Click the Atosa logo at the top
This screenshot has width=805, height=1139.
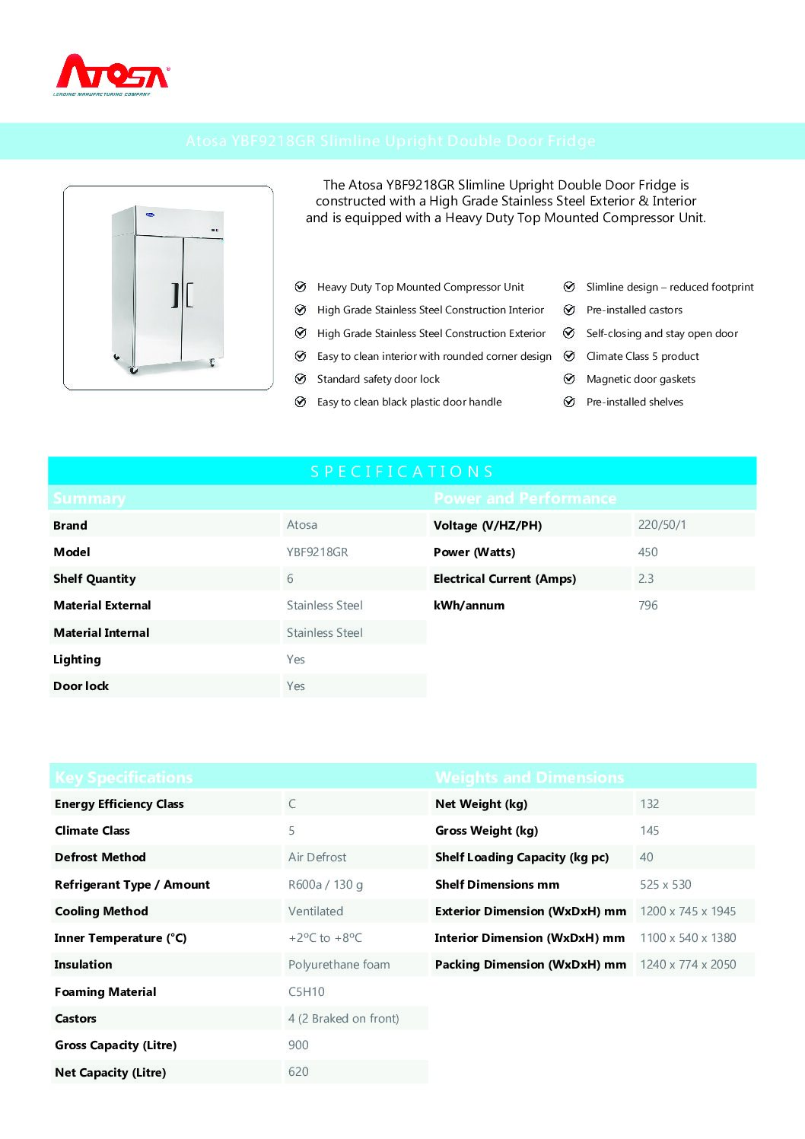(113, 75)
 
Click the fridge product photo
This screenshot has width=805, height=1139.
(168, 288)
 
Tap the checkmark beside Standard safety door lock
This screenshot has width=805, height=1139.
(301, 379)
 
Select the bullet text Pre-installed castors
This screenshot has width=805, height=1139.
(634, 310)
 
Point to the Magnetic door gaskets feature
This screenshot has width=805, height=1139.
(641, 379)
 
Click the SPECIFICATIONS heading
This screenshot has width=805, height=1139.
(402, 472)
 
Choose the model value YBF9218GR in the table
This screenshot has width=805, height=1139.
(317, 552)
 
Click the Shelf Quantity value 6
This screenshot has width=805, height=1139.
(290, 579)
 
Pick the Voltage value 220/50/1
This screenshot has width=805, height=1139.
(662, 525)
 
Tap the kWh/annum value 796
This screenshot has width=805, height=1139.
(648, 606)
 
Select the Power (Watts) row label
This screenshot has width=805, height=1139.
(474, 552)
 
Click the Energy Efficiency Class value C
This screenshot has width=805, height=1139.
(292, 804)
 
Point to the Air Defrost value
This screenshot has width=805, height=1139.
(317, 857)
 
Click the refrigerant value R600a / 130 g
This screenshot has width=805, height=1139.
(326, 885)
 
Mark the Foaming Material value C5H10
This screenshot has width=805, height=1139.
(307, 992)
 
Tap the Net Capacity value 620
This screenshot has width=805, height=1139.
(298, 1072)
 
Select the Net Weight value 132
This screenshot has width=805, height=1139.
(650, 804)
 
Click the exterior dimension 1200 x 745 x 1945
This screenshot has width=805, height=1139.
(688, 912)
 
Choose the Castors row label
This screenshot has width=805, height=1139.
(75, 1019)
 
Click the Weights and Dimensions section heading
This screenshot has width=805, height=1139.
(530, 778)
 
